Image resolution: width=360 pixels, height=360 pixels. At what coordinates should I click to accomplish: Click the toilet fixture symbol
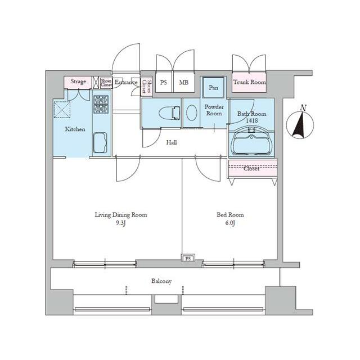point(169,112)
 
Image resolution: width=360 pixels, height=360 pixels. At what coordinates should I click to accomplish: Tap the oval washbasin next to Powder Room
point(192,112)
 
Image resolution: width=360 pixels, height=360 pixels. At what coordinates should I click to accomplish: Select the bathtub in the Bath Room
point(251,143)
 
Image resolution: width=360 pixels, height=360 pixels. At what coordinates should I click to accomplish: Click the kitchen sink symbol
point(100,142)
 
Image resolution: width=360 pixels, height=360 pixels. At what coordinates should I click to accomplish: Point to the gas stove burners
point(101,105)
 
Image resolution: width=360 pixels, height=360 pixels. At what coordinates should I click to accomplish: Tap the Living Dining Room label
point(121,215)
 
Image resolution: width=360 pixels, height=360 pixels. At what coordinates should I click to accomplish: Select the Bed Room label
point(230,215)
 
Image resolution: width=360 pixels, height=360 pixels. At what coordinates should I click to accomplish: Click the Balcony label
point(161,281)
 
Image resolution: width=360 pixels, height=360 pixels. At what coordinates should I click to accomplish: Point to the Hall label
point(172,142)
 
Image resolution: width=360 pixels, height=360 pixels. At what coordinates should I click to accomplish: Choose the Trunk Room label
point(250,82)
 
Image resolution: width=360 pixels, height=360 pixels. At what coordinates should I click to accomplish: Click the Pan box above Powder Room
point(213,88)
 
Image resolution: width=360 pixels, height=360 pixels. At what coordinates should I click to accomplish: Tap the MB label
point(184,82)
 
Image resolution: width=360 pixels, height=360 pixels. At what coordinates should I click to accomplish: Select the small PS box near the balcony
point(188,258)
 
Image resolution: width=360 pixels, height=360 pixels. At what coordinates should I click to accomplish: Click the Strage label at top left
point(78,82)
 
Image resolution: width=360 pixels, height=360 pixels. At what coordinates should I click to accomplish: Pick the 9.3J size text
point(121,223)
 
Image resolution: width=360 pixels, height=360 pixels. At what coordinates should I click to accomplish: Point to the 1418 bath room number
point(252,120)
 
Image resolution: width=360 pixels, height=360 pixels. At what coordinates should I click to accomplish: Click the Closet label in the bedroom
point(251,169)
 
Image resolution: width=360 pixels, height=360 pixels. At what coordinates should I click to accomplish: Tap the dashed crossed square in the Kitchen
point(62,110)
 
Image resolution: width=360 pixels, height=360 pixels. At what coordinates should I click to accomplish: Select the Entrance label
point(126,82)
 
